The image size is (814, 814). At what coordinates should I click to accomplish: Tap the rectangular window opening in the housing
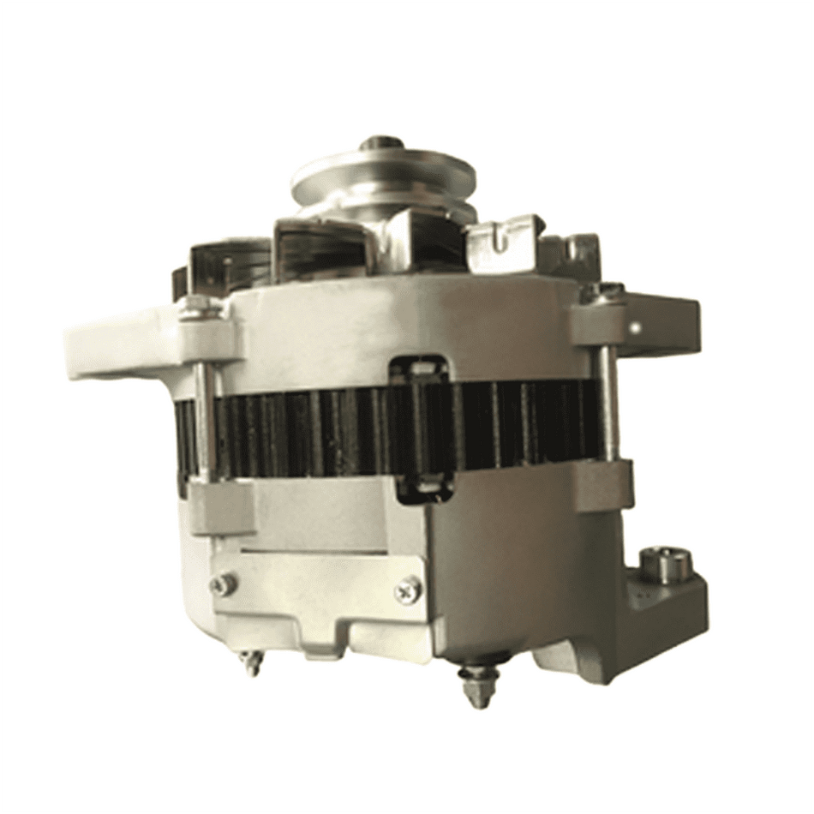[419, 428]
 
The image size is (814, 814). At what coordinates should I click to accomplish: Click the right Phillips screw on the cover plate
[408, 589]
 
